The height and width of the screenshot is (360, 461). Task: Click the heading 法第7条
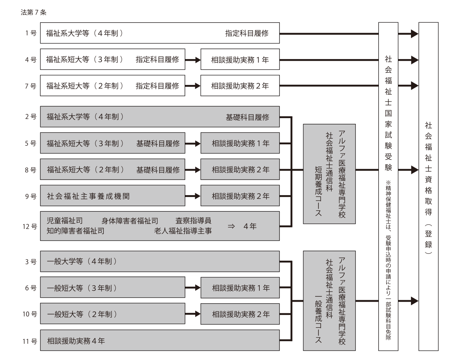click(x=33, y=13)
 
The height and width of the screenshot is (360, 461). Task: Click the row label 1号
click(x=31, y=33)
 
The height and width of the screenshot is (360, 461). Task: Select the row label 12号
click(x=30, y=226)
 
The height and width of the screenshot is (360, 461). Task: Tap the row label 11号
click(x=30, y=341)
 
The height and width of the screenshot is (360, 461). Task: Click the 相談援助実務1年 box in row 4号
click(x=240, y=60)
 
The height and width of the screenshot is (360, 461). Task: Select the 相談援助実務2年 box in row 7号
click(x=240, y=86)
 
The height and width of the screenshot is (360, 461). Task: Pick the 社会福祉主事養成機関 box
click(x=112, y=196)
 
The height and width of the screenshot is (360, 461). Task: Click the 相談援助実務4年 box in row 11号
click(x=160, y=341)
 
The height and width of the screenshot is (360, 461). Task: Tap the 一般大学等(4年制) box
click(x=160, y=261)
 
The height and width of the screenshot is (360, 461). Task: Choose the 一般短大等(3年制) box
click(x=112, y=288)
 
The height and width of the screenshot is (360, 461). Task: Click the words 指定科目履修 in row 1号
click(x=247, y=33)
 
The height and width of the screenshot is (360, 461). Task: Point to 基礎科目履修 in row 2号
click(x=247, y=117)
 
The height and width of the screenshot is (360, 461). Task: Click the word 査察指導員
click(x=193, y=221)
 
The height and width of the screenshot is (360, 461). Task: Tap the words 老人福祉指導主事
click(x=183, y=231)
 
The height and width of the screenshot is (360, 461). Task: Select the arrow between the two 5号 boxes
click(x=193, y=144)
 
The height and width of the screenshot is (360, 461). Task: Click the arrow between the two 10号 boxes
click(x=193, y=314)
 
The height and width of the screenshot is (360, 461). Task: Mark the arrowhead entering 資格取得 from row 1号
click(x=414, y=34)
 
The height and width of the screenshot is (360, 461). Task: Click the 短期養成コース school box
click(x=329, y=174)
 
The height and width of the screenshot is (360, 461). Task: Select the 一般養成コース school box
click(x=329, y=301)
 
